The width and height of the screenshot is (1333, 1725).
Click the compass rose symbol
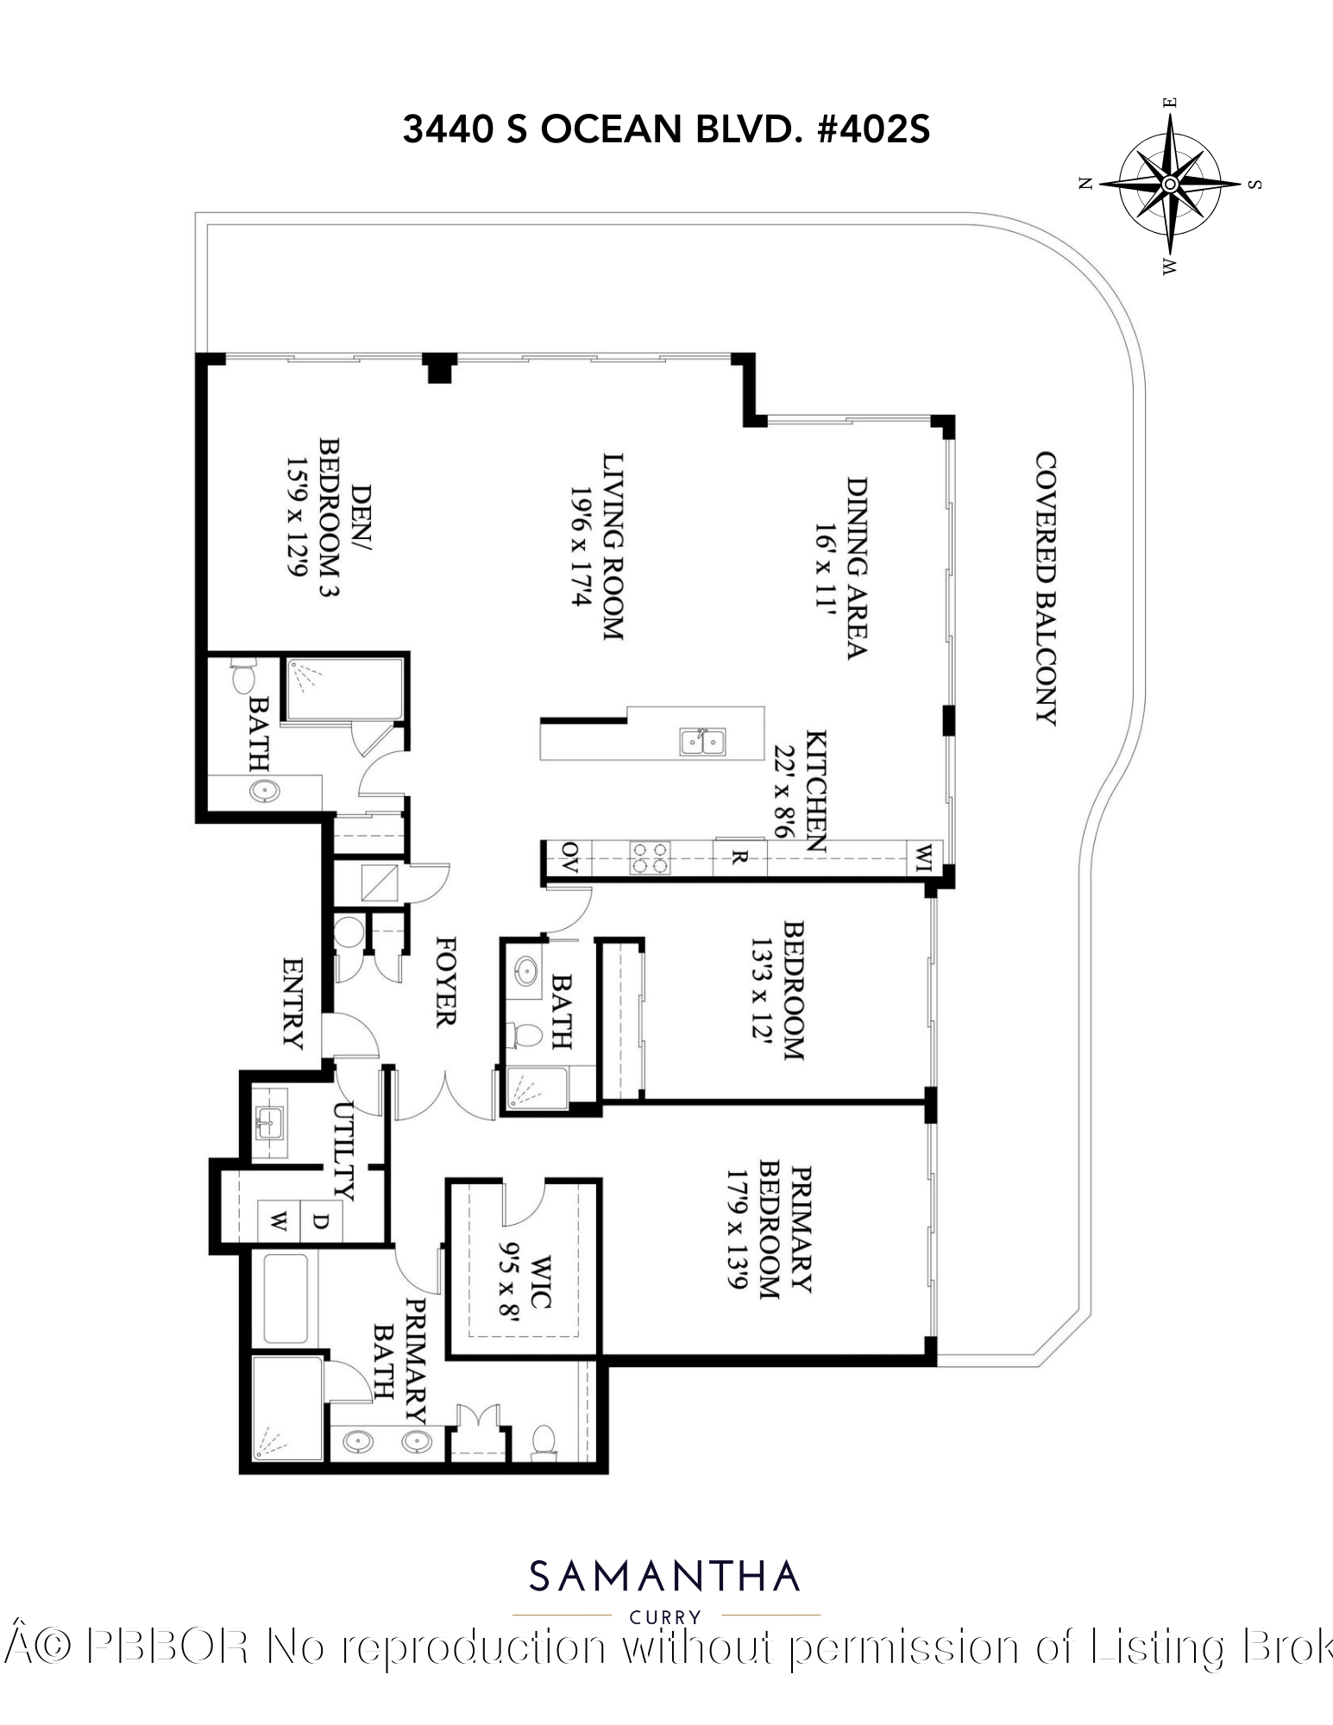1170,185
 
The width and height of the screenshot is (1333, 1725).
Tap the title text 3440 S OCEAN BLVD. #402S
666,130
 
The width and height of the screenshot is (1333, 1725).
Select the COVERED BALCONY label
1047,588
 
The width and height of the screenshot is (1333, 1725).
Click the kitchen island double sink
702,741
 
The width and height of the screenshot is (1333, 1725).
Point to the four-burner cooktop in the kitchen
649,858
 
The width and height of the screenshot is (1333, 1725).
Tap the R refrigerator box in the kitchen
739,858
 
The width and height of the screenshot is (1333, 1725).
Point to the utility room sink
270,1122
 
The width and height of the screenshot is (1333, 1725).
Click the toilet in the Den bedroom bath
243,675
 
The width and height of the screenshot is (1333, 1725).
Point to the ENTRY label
293,1002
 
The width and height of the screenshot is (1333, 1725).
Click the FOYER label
445,982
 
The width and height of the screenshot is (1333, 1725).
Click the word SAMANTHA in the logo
665,1577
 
